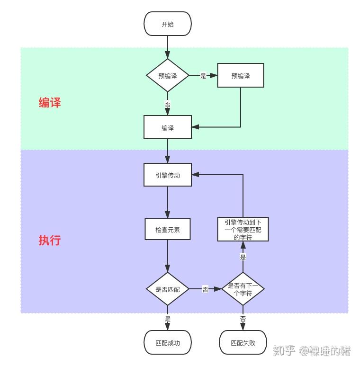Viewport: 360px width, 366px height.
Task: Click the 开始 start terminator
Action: (x=168, y=24)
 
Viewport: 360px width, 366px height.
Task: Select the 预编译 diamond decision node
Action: (x=168, y=75)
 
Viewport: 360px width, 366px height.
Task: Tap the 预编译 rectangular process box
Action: (x=241, y=75)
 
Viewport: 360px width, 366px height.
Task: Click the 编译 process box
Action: (x=168, y=127)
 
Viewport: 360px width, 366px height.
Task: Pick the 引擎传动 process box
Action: (x=168, y=175)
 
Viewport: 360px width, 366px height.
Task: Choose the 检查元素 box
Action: (x=168, y=230)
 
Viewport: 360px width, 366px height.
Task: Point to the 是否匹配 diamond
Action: (x=168, y=289)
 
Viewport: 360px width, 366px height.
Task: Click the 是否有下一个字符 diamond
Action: (x=243, y=289)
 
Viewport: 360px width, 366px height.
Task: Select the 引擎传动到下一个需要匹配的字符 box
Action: (x=243, y=229)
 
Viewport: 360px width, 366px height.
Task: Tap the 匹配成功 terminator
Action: (x=168, y=342)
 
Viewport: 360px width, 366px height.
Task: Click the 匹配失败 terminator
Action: (x=243, y=342)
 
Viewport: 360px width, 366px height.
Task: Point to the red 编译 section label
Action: (x=50, y=102)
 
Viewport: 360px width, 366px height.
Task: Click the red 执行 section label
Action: (x=50, y=240)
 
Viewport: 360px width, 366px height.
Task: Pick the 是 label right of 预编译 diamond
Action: (x=203, y=76)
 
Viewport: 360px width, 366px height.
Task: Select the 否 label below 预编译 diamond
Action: (x=168, y=104)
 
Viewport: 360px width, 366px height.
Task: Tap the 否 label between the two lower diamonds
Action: (x=205, y=289)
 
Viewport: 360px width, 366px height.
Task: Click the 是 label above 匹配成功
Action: (x=168, y=319)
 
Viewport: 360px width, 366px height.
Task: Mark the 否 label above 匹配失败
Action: (x=243, y=319)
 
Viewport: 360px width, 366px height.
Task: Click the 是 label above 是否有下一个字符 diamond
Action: (x=243, y=257)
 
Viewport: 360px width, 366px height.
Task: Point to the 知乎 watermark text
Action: (x=284, y=350)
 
